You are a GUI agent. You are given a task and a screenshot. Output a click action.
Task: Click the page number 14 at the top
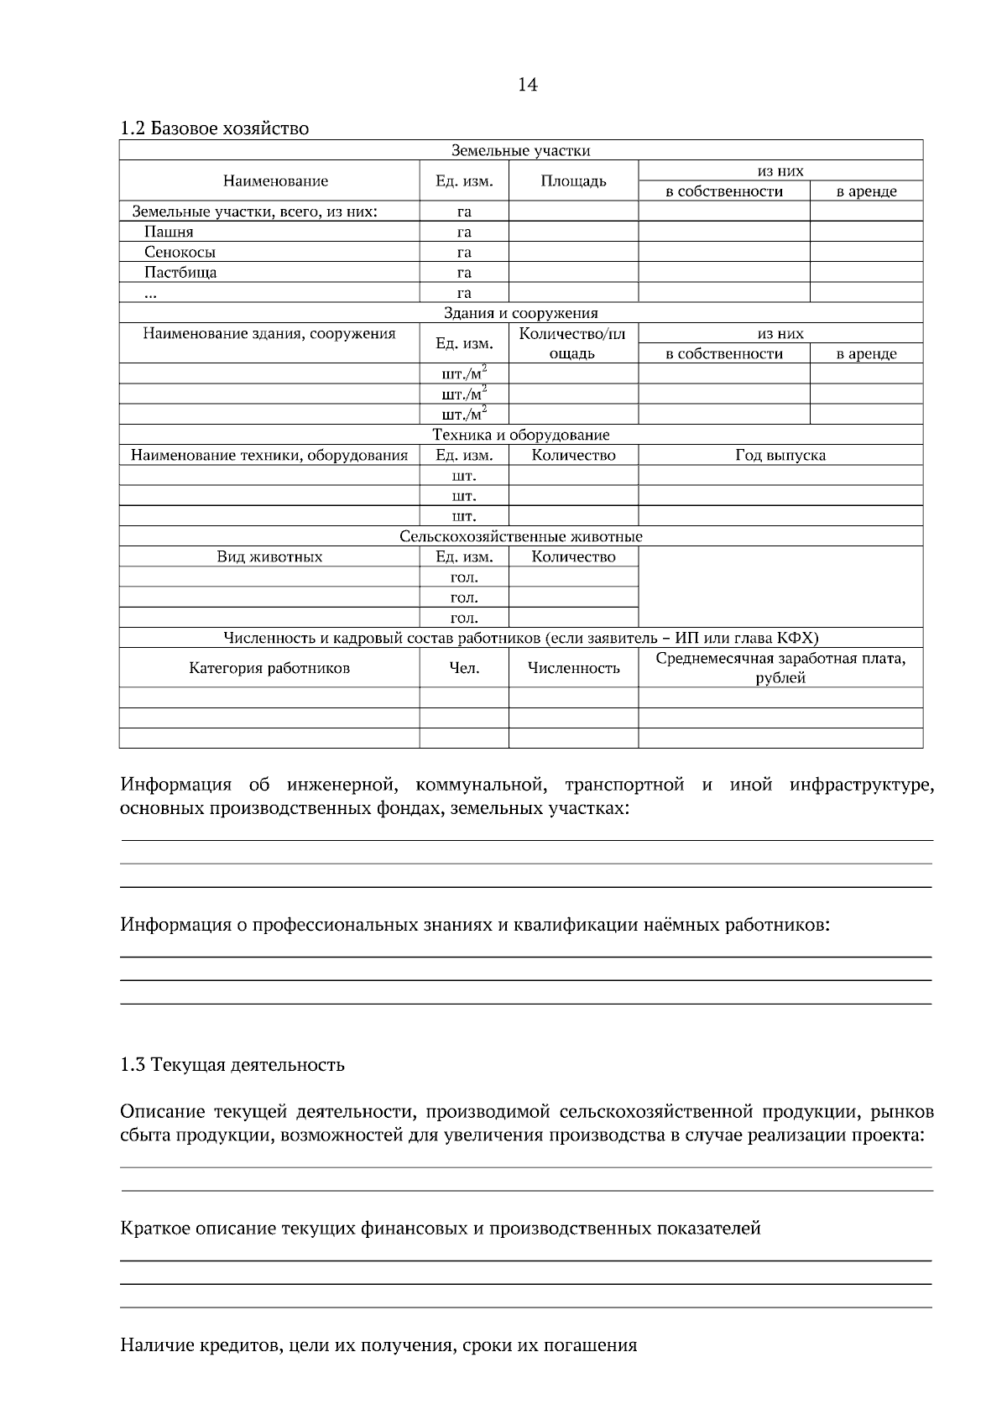527,85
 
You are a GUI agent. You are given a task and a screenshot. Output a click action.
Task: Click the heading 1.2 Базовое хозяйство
214,128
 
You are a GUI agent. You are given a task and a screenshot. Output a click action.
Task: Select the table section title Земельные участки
520,151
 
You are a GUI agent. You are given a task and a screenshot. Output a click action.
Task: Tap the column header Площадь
573,181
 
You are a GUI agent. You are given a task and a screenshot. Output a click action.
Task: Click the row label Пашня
169,232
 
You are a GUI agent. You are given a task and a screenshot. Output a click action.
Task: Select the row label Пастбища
180,273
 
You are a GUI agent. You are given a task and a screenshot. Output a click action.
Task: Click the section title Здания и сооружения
520,314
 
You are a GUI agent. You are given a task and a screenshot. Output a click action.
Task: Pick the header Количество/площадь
572,343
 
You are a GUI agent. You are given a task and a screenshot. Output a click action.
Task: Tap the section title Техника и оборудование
520,436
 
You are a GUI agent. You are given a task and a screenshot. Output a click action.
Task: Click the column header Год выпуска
780,456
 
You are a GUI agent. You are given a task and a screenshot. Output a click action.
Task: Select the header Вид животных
269,557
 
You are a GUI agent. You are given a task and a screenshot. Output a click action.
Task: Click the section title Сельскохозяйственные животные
520,537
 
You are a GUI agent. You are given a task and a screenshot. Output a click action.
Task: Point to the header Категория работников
269,669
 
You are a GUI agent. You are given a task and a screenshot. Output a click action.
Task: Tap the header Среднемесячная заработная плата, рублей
780,668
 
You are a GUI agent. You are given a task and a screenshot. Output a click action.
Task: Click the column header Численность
573,669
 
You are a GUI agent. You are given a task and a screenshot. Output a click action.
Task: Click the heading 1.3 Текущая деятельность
232,1066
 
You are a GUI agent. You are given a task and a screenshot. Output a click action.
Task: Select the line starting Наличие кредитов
378,1346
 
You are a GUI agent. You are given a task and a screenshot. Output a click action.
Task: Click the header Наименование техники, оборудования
269,456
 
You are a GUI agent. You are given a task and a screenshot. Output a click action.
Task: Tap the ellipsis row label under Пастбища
150,294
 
